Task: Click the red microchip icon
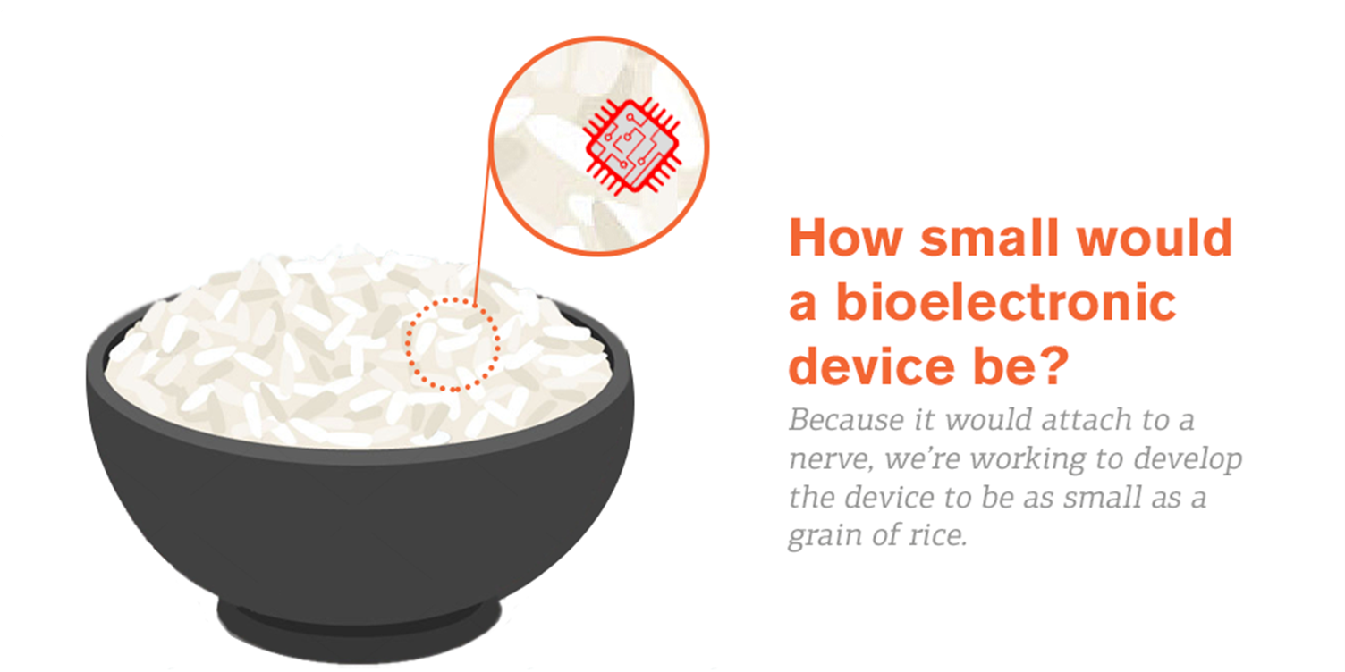632,147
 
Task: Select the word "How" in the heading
846,238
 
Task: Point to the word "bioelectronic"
1006,302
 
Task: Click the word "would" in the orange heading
1154,238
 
